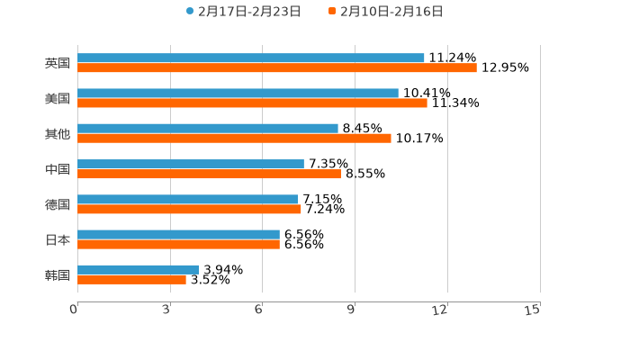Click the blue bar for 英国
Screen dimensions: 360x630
[251, 58]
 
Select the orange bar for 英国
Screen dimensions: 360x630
[277, 67]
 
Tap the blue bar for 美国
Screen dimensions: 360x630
[238, 93]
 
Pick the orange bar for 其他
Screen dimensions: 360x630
[234, 138]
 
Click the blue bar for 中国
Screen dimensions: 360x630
[191, 164]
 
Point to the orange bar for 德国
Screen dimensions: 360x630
[189, 209]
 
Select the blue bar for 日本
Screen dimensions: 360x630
[178, 234]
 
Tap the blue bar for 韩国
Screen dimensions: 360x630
[139, 269]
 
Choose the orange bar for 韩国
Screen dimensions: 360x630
[131, 279]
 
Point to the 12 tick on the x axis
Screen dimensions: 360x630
[440, 310]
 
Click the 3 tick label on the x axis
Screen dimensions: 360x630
[166, 310]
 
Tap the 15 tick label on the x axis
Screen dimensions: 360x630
[533, 310]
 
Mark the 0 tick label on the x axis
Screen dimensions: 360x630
[74, 310]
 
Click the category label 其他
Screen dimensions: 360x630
[58, 133]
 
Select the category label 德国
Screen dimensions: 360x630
[58, 204]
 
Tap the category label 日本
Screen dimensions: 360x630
[58, 239]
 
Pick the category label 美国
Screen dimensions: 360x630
[58, 98]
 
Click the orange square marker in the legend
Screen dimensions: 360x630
[332, 12]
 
